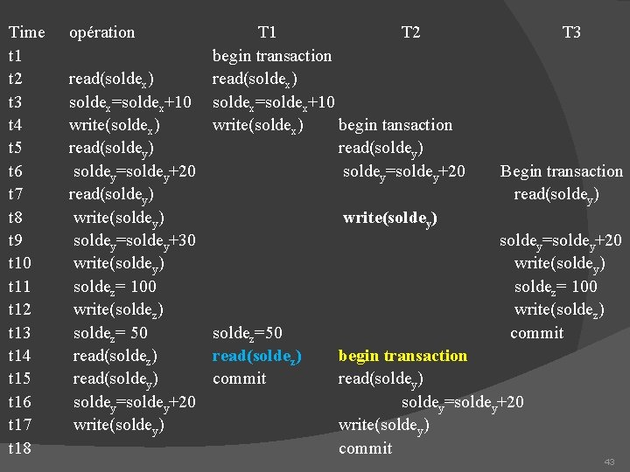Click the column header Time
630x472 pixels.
point(26,32)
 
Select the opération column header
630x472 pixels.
point(101,32)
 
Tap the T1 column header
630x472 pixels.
point(268,32)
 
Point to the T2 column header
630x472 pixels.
point(409,32)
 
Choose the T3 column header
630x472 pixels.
point(571,32)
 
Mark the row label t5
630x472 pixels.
point(19,148)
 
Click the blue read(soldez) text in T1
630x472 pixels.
point(258,356)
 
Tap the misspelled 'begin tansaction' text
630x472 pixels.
point(395,125)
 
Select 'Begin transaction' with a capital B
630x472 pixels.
point(562,171)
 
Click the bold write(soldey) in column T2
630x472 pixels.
point(390,218)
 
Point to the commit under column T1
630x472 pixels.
point(240,378)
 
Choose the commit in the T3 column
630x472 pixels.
point(537,332)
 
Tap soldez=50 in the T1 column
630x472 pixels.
point(248,332)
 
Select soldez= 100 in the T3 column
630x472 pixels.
point(556,287)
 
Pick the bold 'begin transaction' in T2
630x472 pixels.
point(402,356)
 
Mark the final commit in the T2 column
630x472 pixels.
point(366,448)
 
